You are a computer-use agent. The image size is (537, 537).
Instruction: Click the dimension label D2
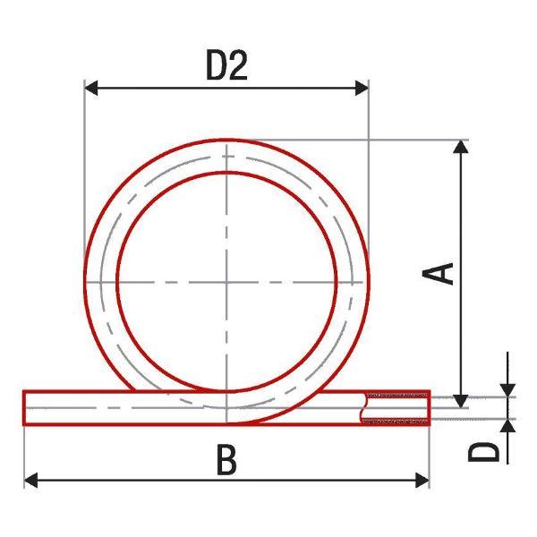point(226,65)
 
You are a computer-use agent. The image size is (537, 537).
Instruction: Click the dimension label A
point(438,274)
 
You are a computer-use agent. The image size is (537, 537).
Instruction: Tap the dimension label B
point(226,459)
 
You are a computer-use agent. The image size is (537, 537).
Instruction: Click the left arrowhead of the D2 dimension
point(91,89)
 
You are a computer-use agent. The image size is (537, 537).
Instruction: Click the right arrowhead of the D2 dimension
point(362,89)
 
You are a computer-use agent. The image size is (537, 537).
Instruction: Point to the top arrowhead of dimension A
point(461,147)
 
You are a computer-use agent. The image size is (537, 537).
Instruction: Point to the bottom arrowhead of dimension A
point(461,401)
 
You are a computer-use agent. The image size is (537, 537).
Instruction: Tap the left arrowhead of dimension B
point(30,480)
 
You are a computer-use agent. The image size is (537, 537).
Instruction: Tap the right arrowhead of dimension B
point(422,480)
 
